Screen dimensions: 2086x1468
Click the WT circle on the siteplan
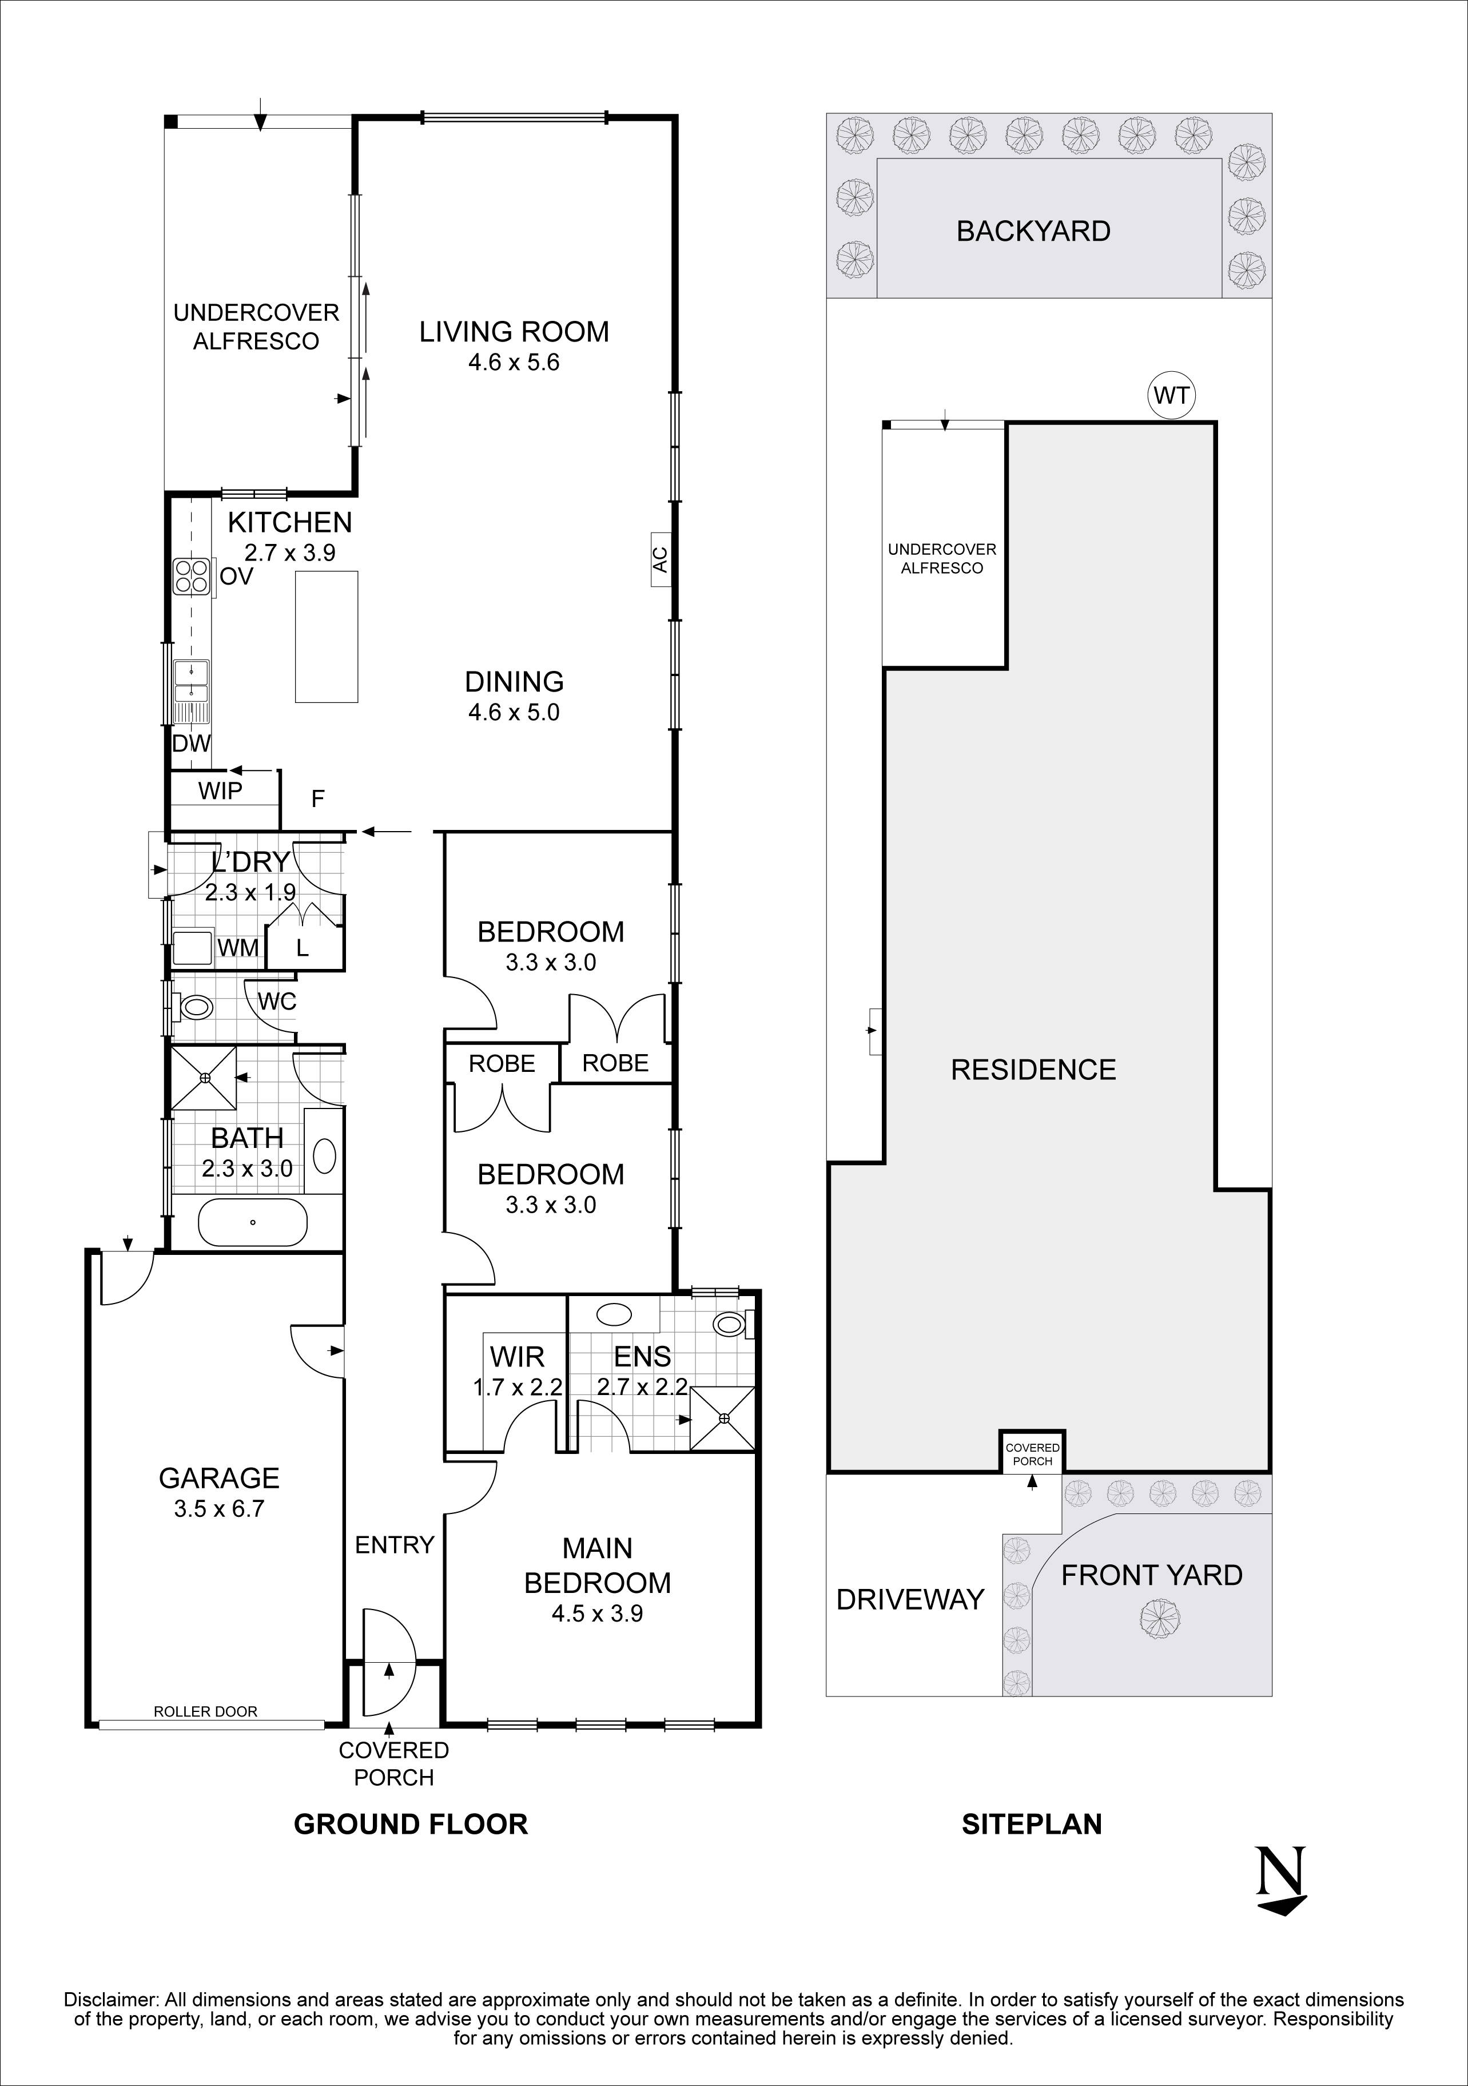1172,396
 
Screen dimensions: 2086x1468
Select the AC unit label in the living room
661,559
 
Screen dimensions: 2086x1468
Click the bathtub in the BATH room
253,1222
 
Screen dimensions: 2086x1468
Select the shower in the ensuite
723,1419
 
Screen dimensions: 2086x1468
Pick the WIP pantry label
221,790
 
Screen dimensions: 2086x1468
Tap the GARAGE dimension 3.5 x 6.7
219,1509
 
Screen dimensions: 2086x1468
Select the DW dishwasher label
192,743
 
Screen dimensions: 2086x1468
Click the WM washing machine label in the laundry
238,948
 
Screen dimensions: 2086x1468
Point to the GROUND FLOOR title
411,1823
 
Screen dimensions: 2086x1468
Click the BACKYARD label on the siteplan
1033,231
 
